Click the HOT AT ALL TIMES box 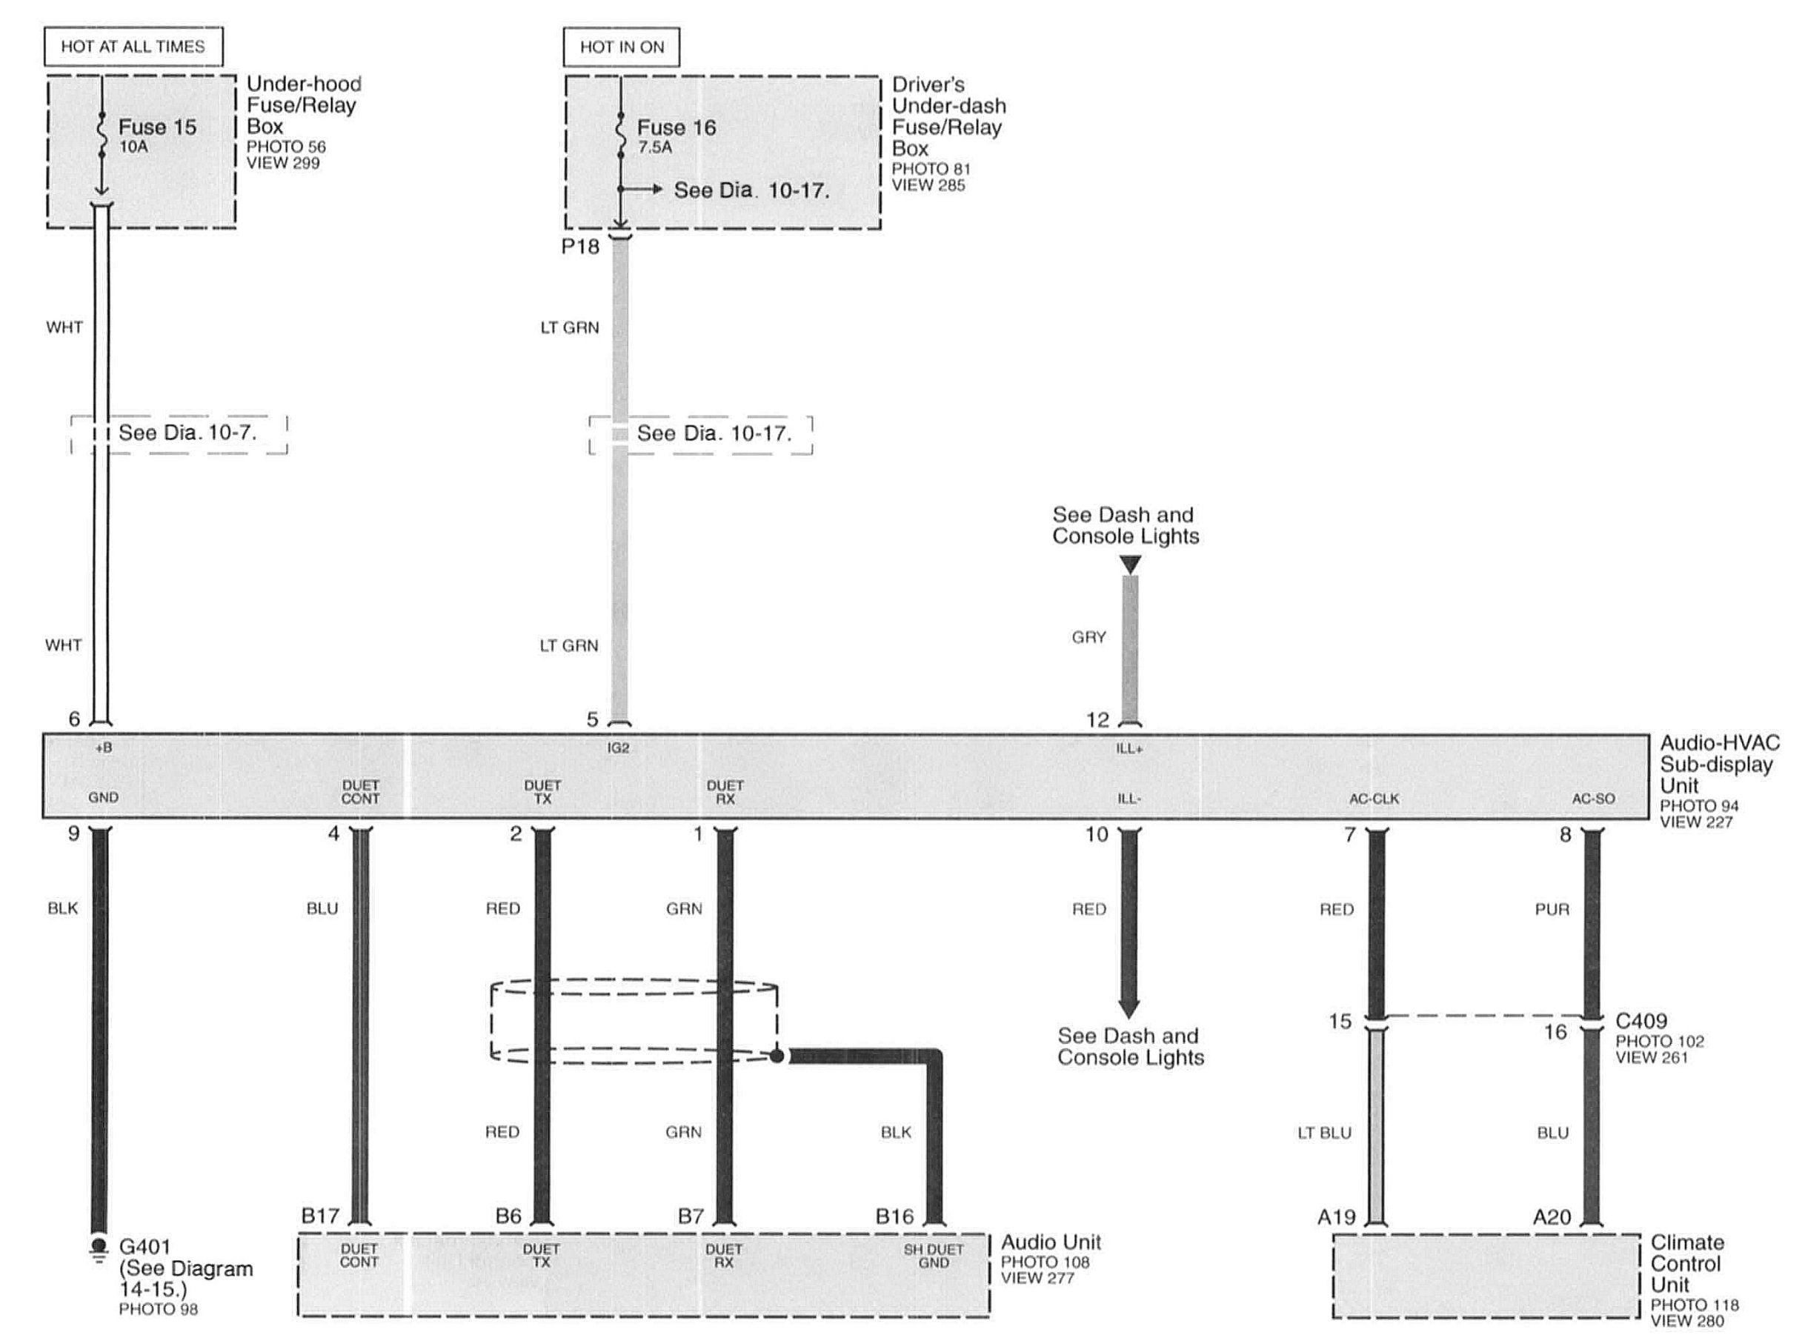(133, 46)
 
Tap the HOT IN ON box (622, 47)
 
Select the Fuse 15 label (158, 127)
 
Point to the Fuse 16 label (677, 127)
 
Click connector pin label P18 (580, 247)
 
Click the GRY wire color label (1088, 638)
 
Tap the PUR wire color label (1552, 909)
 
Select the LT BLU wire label (1325, 1133)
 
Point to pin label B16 (895, 1216)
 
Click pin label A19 (1337, 1216)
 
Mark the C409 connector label (1641, 1021)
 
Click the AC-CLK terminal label (1374, 799)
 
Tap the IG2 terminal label (619, 748)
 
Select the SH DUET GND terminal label (934, 1256)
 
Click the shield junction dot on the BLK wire (777, 1056)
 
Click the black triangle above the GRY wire (1131, 564)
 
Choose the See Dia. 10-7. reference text (187, 433)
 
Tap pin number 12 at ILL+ (1097, 719)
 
